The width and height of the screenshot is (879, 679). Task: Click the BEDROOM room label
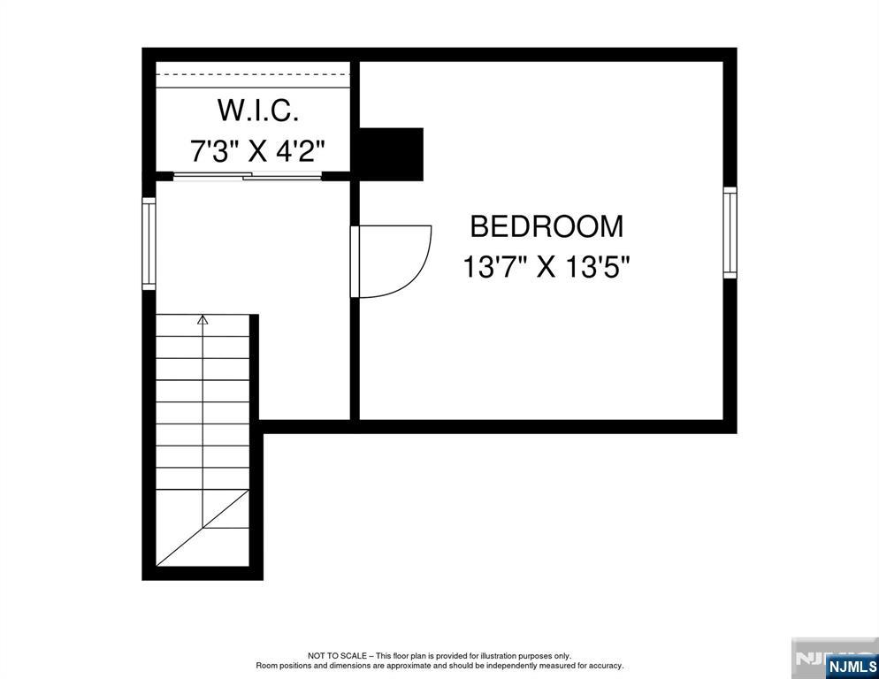546,226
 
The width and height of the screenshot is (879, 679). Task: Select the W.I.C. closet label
257,111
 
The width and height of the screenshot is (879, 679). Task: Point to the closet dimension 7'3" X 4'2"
257,151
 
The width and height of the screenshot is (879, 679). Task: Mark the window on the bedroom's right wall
730,233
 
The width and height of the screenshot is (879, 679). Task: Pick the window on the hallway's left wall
149,243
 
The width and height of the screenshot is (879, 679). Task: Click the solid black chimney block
389,154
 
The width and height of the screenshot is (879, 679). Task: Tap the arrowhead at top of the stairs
203,320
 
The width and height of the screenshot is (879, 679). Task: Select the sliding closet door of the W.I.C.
248,178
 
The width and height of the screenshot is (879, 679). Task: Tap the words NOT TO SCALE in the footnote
331,656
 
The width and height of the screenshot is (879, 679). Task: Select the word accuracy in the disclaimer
605,666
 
